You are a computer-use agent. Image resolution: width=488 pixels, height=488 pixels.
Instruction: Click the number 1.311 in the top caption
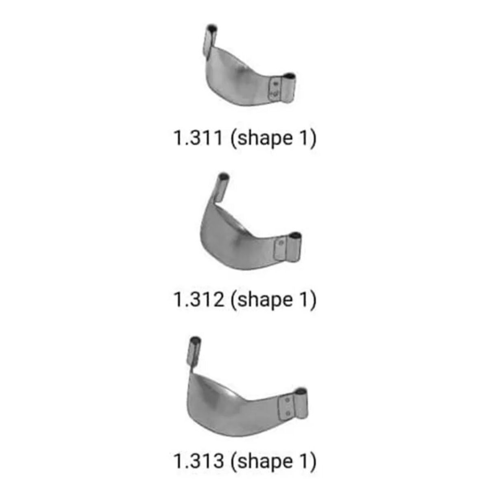point(198,138)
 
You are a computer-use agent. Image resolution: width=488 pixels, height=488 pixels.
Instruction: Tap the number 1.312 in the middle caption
point(198,300)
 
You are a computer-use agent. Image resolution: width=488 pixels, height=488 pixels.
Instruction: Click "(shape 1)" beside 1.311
point(273,138)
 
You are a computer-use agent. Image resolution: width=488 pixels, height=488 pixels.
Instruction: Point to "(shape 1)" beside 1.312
point(273,300)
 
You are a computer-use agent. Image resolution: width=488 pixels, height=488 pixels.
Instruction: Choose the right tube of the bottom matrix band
point(301,403)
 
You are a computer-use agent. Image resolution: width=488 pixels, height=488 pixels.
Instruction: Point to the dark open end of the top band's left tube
point(211,28)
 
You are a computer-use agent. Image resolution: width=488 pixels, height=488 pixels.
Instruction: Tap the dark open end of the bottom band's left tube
point(195,340)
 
